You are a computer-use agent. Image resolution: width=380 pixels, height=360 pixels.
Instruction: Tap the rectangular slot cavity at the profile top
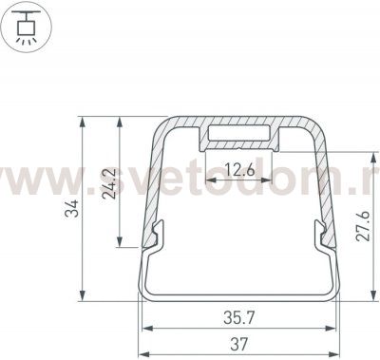(x=241, y=133)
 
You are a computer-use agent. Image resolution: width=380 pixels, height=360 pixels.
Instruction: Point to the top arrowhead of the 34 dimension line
(x=84, y=121)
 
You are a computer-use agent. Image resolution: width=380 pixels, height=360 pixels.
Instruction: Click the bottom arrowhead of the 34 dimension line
(x=84, y=294)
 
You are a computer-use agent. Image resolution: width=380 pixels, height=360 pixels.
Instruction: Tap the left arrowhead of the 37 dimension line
(x=144, y=329)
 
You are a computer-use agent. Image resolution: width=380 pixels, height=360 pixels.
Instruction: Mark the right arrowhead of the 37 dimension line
(x=337, y=329)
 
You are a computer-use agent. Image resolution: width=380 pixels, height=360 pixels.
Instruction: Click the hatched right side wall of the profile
(x=323, y=180)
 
